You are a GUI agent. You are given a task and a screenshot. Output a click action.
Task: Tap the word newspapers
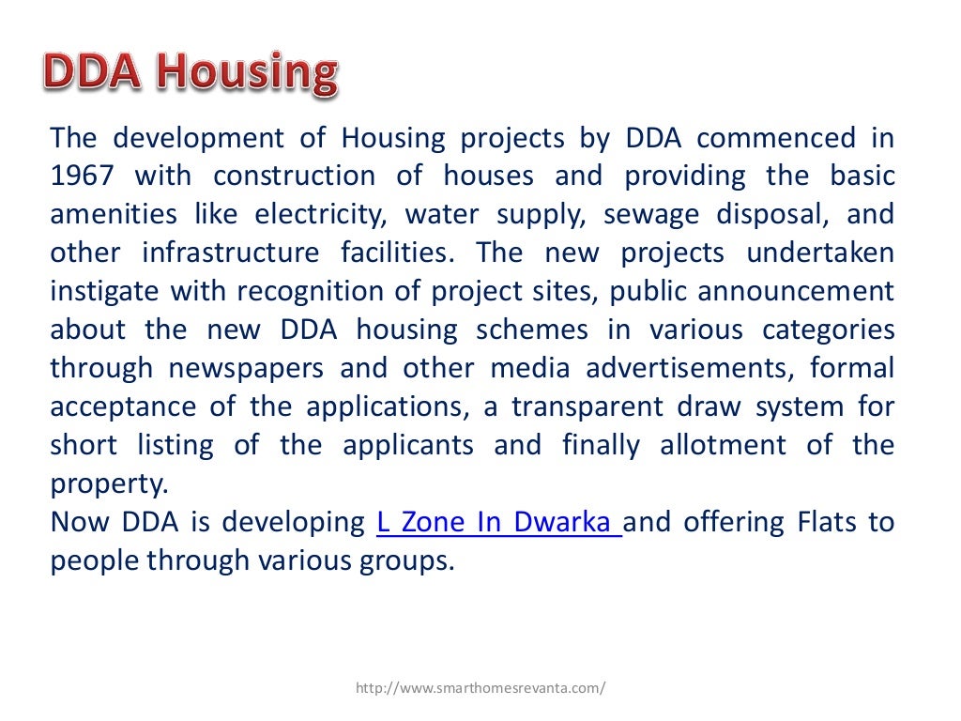pyautogui.click(x=246, y=369)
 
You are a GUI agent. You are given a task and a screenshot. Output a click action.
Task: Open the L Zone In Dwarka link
pyautogui.click(x=496, y=522)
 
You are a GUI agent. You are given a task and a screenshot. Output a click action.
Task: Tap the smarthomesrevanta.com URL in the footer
pyautogui.click(x=480, y=688)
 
